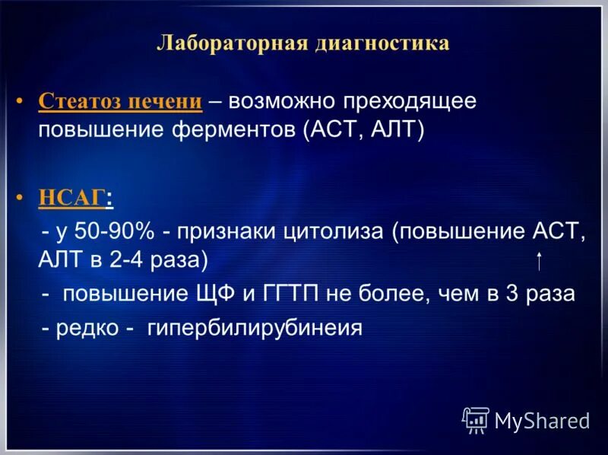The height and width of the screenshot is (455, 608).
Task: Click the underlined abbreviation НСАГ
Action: (71, 199)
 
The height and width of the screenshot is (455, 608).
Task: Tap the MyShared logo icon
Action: (476, 419)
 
